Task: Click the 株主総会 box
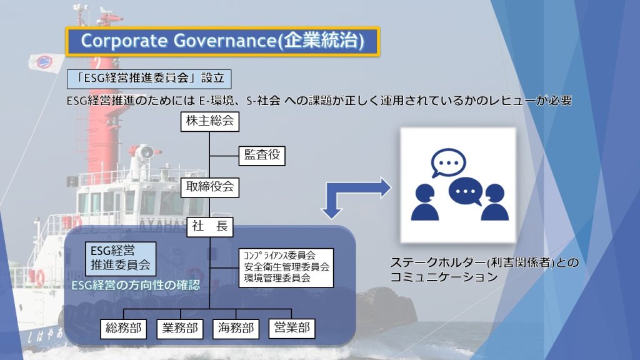[210, 121]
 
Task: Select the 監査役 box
[262, 156]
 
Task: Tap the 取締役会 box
[210, 187]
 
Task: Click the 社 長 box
[210, 227]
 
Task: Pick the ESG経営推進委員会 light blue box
[121, 259]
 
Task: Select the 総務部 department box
[123, 329]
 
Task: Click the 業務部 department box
[179, 329]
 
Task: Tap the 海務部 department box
[236, 329]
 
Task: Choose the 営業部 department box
[292, 328]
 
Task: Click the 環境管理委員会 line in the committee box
[277, 278]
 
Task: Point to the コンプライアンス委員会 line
[279, 256]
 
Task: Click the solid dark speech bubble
[466, 191]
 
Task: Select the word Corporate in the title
[124, 41]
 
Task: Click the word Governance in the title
[225, 41]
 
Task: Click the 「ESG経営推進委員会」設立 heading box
[149, 79]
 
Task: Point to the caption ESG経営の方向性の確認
[136, 285]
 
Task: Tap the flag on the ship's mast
[45, 62]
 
